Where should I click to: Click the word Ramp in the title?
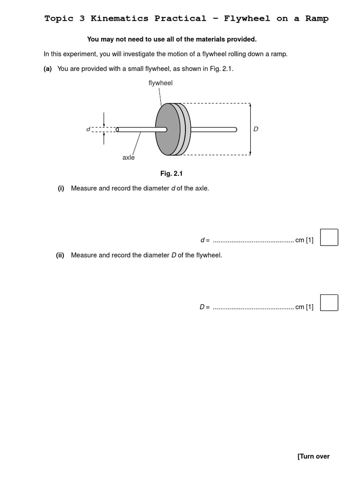click(x=317, y=19)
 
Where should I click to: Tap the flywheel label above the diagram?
click(x=160, y=83)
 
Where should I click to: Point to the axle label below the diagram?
click(x=128, y=157)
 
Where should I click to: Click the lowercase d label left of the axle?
click(x=88, y=129)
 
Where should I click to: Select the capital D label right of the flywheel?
click(x=255, y=129)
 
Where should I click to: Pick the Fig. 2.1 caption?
click(x=171, y=173)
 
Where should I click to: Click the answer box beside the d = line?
click(x=329, y=237)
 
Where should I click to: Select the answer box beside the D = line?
click(x=329, y=302)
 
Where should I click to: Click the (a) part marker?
click(x=47, y=69)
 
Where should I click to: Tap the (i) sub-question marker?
click(x=61, y=188)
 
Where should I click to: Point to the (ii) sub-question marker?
click(x=60, y=255)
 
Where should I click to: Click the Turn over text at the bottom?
click(x=313, y=456)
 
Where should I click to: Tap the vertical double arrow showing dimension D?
click(x=250, y=129)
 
